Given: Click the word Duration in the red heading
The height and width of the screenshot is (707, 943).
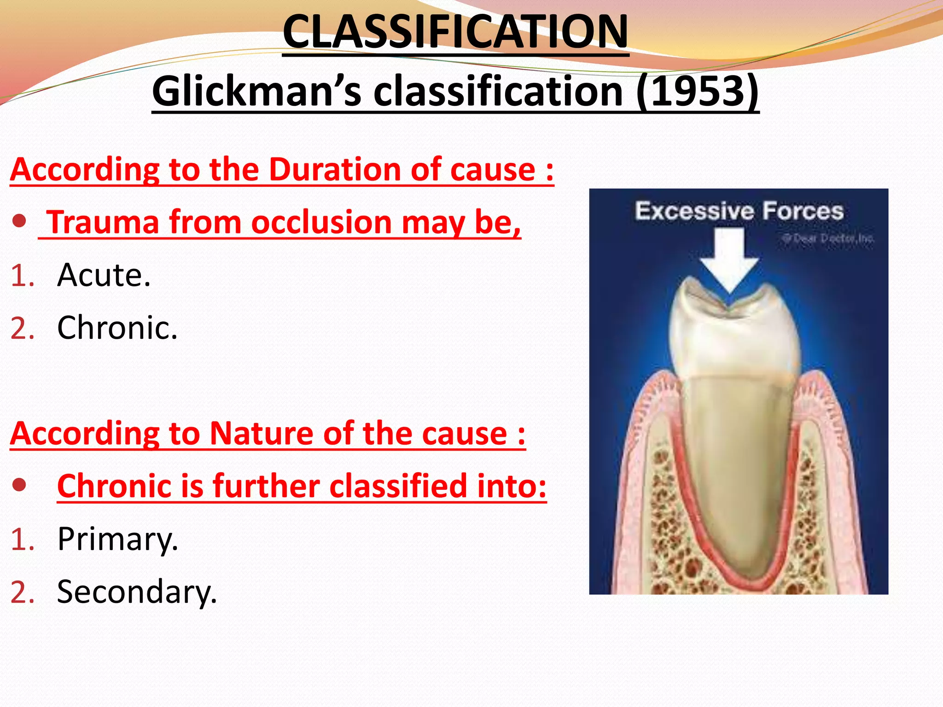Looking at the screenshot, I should coord(335,169).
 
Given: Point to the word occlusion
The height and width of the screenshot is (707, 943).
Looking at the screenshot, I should coord(321,222).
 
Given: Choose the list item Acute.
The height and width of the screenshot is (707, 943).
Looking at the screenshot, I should coord(104,275).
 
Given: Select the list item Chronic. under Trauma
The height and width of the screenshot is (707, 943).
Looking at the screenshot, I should coord(117,328).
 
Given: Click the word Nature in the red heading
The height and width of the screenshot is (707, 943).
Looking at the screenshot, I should coord(262,434).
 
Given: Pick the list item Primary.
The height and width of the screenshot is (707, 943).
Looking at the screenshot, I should coord(117,539).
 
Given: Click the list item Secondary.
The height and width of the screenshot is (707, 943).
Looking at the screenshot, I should coord(137,592).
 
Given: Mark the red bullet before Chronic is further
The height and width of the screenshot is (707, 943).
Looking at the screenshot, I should coord(19,485).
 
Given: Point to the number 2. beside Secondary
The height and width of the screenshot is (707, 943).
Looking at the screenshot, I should coord(23,592).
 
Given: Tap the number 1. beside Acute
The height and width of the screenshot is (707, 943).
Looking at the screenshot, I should coord(23,276).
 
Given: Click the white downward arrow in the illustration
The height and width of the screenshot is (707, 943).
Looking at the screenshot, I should coord(729,258).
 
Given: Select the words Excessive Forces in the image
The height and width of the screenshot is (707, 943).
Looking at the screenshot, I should coord(739,211).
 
